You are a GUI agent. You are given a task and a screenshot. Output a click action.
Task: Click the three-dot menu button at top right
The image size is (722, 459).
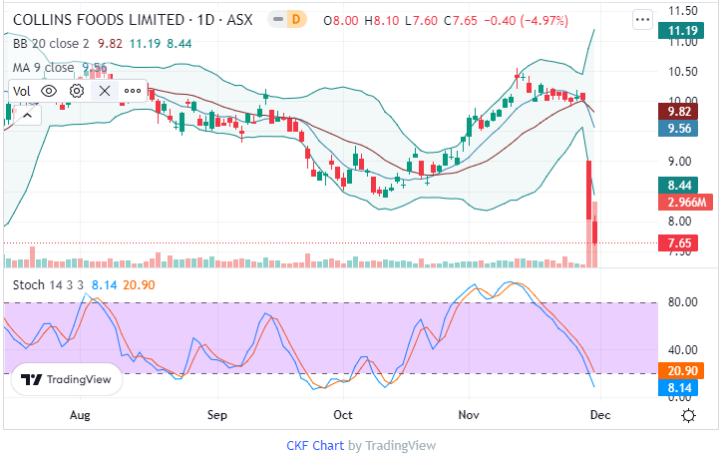point(643,19)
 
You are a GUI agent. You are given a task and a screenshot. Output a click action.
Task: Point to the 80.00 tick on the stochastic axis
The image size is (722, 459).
point(681,302)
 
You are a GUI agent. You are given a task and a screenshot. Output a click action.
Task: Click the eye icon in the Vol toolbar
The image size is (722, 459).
point(49,90)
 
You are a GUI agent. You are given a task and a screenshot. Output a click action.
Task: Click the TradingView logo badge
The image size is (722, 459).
point(67,379)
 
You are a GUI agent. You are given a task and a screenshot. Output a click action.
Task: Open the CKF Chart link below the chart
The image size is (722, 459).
point(315,445)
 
